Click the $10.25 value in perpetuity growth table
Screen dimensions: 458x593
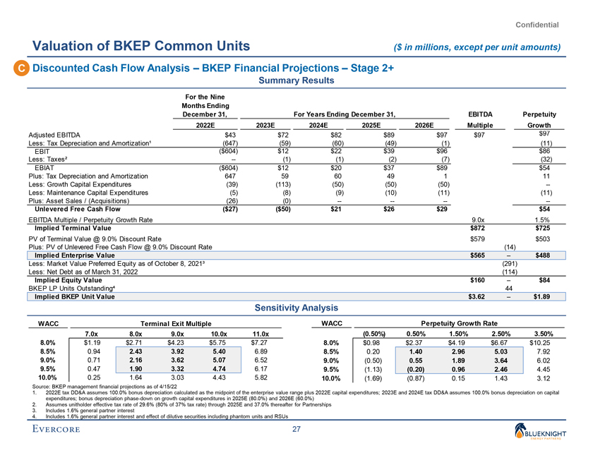pos(543,344)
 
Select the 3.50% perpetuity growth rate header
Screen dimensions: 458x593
pos(543,334)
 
